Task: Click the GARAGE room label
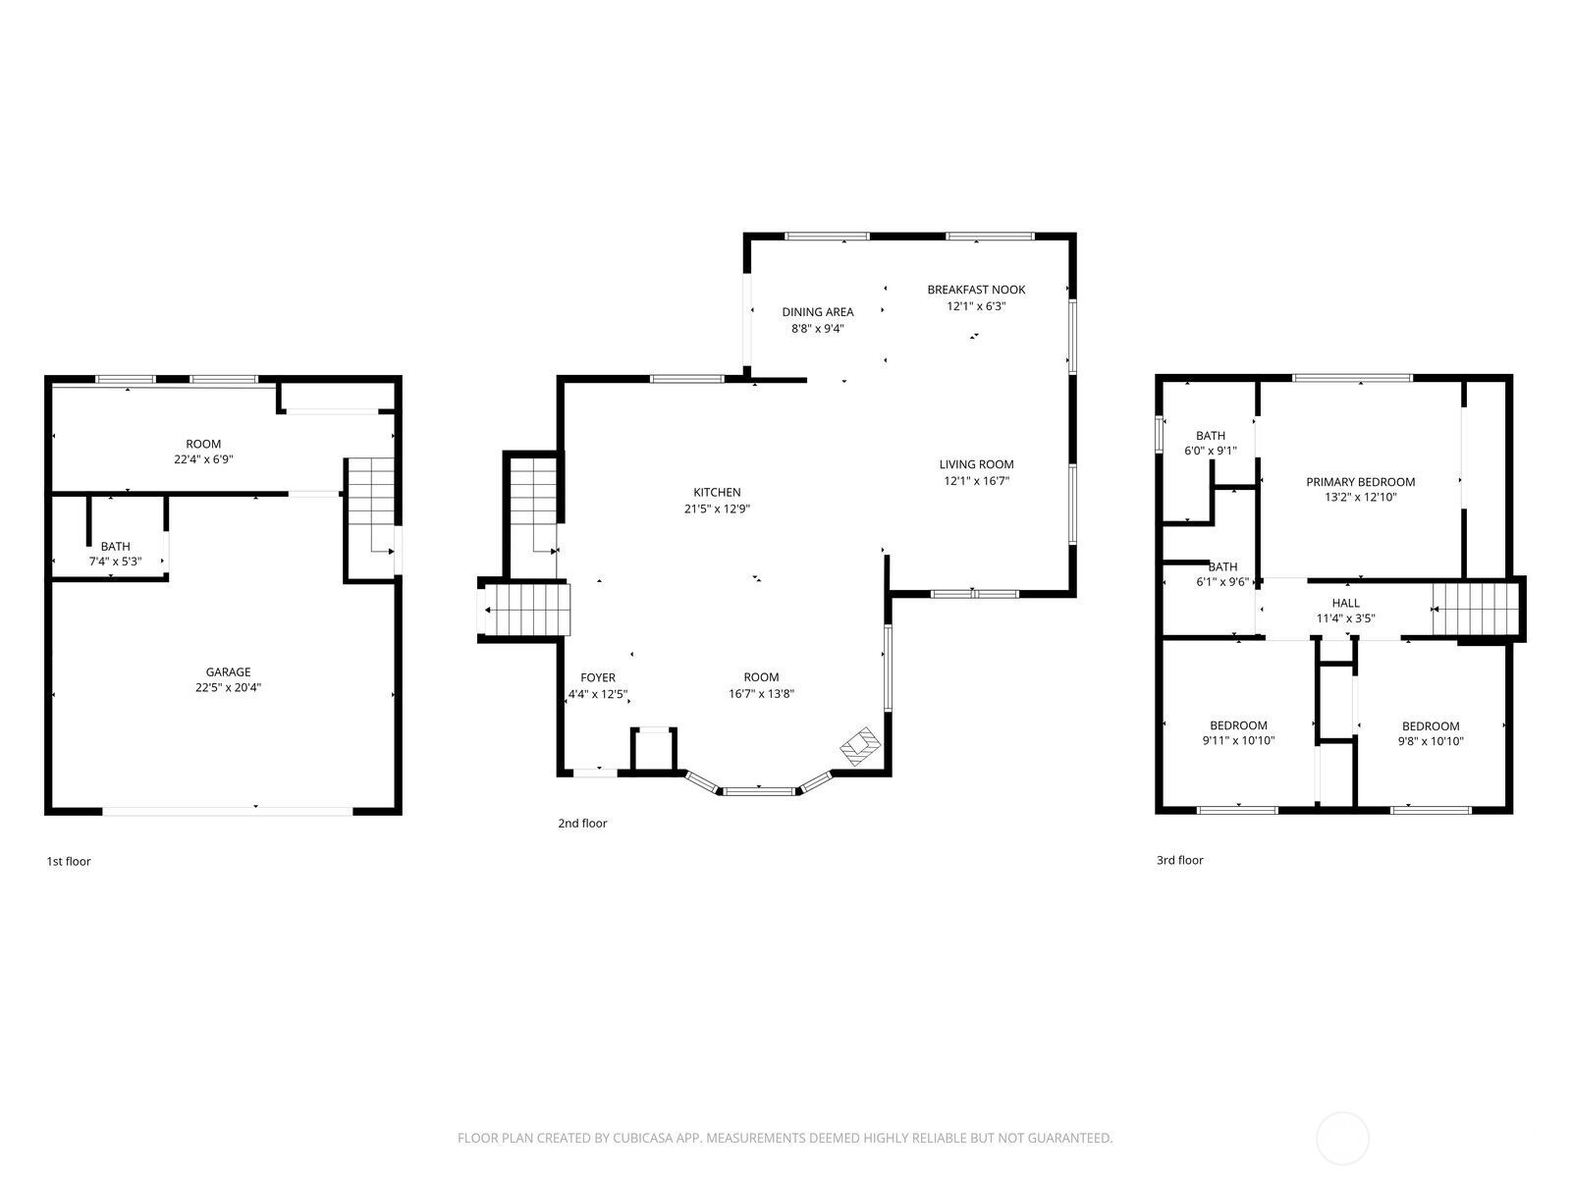click(x=229, y=671)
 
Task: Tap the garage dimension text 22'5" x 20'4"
click(x=229, y=687)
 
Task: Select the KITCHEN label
click(x=717, y=492)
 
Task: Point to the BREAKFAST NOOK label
click(x=976, y=290)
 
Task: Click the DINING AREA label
click(x=817, y=312)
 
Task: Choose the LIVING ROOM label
click(x=976, y=464)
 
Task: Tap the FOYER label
click(x=598, y=677)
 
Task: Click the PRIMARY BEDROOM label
click(x=1360, y=482)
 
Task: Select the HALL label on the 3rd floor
click(x=1345, y=603)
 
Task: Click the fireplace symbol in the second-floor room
click(x=860, y=747)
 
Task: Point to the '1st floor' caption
click(x=69, y=861)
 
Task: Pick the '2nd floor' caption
click(x=582, y=824)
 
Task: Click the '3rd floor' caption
click(x=1179, y=860)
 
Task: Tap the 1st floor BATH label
click(x=115, y=547)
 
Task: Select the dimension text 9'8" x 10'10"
click(x=1430, y=742)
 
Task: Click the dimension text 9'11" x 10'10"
click(x=1238, y=740)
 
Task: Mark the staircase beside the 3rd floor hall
click(x=1475, y=609)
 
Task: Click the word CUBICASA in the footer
click(x=643, y=1137)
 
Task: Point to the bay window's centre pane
click(x=758, y=791)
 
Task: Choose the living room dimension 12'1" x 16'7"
click(x=976, y=481)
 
